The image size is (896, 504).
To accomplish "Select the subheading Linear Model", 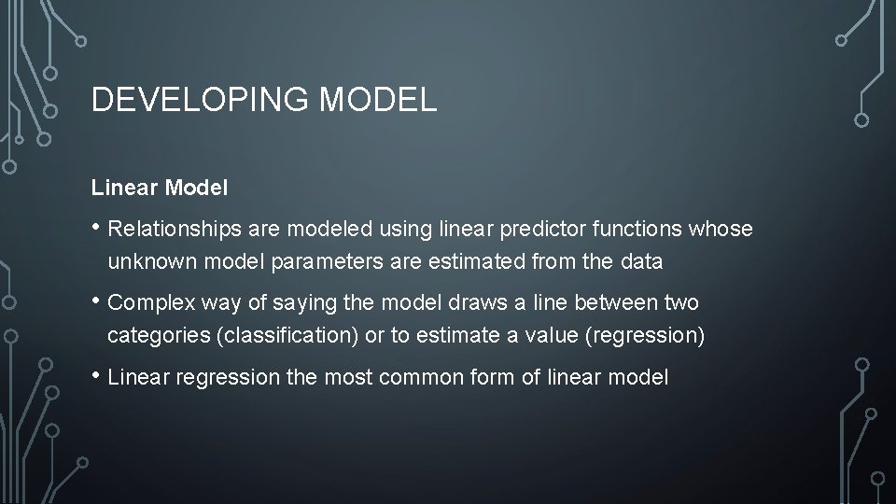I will (160, 188).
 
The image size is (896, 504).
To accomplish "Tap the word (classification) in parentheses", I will (287, 336).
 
